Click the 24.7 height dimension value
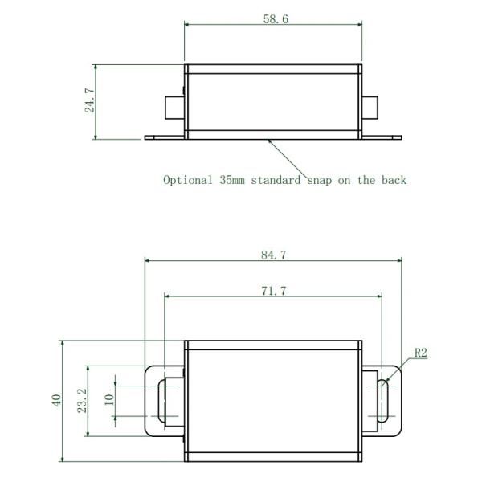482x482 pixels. pyautogui.click(x=90, y=101)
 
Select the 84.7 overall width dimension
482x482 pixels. pyautogui.click(x=273, y=255)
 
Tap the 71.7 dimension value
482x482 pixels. pyautogui.click(x=273, y=291)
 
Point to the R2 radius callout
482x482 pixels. pyautogui.click(x=421, y=353)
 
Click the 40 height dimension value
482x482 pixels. pyautogui.click(x=57, y=401)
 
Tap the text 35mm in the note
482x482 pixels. pyautogui.click(x=234, y=180)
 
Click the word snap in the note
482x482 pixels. pyautogui.click(x=321, y=180)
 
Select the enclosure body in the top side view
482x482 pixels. pyautogui.click(x=273, y=100)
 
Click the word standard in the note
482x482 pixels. pyautogui.click(x=278, y=180)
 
